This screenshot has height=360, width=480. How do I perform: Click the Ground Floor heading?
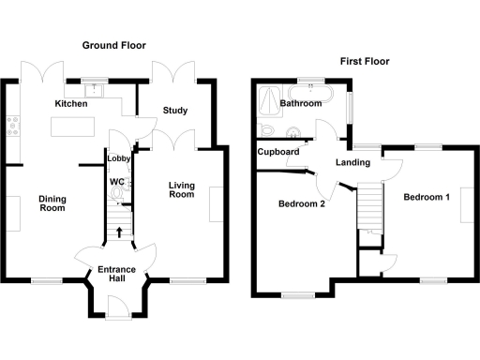click(113, 45)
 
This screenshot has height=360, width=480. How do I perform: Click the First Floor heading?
click(365, 62)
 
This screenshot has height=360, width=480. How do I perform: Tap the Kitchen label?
click(71, 104)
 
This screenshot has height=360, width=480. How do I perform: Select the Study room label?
click(175, 111)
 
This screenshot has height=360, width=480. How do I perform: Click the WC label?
click(117, 181)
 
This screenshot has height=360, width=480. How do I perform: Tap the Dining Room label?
click(52, 203)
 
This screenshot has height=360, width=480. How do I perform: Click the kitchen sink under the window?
click(92, 89)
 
